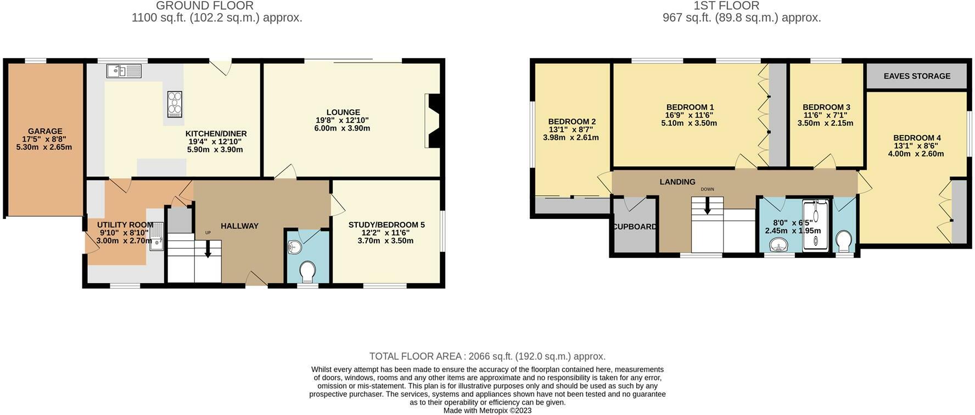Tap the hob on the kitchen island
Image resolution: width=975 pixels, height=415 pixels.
(175, 104)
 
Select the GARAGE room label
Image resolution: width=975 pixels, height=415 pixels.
(45, 131)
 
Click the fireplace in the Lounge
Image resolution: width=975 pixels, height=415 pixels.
(433, 121)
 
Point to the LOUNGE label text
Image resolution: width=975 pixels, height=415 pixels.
(343, 113)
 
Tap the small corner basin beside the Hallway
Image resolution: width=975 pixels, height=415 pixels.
(295, 248)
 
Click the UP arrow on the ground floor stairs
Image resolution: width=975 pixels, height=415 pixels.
(208, 250)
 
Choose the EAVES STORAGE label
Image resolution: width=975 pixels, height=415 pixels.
(917, 76)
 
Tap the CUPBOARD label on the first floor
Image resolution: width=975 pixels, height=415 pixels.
(635, 227)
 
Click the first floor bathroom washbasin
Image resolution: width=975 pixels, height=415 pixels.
(778, 245)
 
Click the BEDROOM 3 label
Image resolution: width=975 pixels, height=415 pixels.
(826, 107)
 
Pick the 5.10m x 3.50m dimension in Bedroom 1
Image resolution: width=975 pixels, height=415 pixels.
(689, 124)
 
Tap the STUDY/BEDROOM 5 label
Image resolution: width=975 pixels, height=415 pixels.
(386, 225)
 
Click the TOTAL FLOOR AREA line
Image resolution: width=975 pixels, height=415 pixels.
(487, 356)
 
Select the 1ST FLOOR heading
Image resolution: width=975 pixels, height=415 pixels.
(726, 6)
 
